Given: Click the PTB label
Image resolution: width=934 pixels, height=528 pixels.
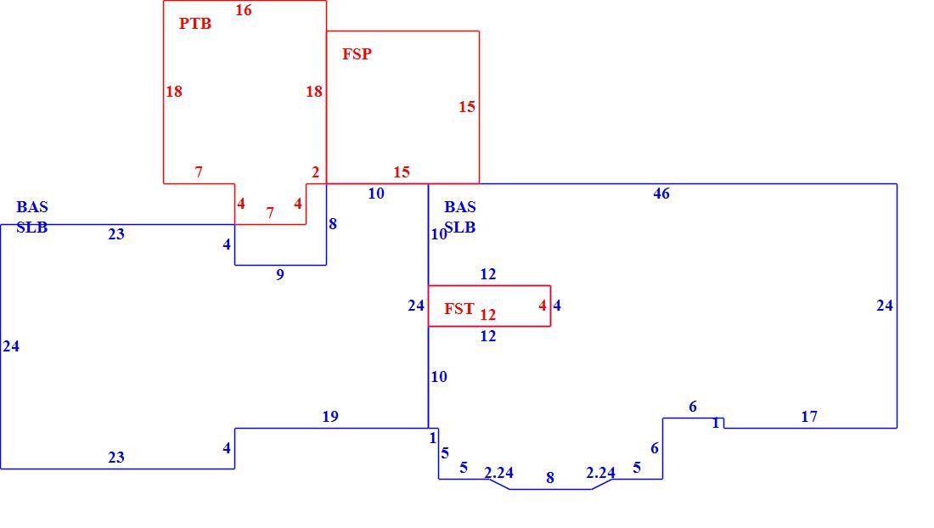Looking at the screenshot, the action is [195, 24].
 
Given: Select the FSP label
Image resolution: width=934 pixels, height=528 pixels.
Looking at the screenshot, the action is [357, 54].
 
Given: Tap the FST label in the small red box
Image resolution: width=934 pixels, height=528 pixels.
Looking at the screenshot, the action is [459, 309].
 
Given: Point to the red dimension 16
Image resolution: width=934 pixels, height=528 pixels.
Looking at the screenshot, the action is [244, 10].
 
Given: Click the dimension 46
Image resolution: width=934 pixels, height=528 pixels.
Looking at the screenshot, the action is [661, 194].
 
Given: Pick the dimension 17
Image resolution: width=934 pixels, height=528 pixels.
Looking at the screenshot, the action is [809, 417].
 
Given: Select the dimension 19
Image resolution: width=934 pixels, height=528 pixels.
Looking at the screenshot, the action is [330, 417].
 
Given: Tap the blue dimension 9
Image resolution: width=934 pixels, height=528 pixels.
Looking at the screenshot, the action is [280, 275].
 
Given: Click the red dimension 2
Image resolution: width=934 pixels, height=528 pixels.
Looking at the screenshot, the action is [316, 172].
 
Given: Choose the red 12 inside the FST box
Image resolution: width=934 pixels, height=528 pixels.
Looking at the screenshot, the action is [488, 314].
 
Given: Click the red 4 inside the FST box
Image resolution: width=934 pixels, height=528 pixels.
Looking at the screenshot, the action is [542, 306].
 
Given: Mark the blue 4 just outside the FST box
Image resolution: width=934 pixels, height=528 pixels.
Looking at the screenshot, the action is [557, 306].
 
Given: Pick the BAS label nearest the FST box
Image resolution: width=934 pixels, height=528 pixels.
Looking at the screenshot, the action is [460, 207].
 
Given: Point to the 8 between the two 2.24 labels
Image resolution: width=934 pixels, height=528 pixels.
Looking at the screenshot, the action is [550, 478].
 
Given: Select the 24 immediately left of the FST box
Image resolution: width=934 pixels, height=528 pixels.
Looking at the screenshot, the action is [416, 306].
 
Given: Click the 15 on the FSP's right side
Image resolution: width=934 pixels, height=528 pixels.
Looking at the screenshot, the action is [467, 107].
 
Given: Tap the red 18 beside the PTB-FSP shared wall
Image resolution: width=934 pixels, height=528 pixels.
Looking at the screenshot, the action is [314, 92].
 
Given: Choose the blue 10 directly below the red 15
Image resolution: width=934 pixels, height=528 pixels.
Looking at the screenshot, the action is [376, 194].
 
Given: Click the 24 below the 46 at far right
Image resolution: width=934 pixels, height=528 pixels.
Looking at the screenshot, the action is [885, 306].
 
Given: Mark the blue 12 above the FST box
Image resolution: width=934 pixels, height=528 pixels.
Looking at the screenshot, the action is [488, 274].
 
